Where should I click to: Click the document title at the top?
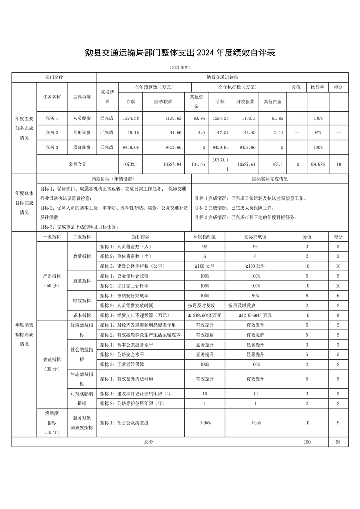pos(180,53)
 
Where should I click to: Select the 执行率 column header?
pos(317,87)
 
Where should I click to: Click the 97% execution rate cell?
pos(317,133)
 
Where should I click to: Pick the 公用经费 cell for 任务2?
pos(82,133)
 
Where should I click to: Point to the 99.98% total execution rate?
pos(317,165)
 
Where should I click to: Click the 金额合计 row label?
pos(77,165)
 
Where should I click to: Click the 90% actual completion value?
pos(256,295)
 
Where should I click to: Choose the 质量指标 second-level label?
pos(82,281)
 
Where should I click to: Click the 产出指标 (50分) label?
pos(51,280)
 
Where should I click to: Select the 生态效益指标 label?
pos(82,378)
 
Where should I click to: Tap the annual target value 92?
pos(205,246)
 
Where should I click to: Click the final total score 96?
pos(338,442)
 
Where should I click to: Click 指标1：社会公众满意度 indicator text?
pos(124,422)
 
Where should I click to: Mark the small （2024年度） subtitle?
pos(180,68)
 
